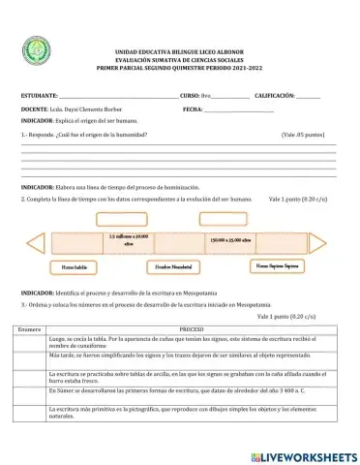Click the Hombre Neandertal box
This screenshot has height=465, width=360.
[x=176, y=265]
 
